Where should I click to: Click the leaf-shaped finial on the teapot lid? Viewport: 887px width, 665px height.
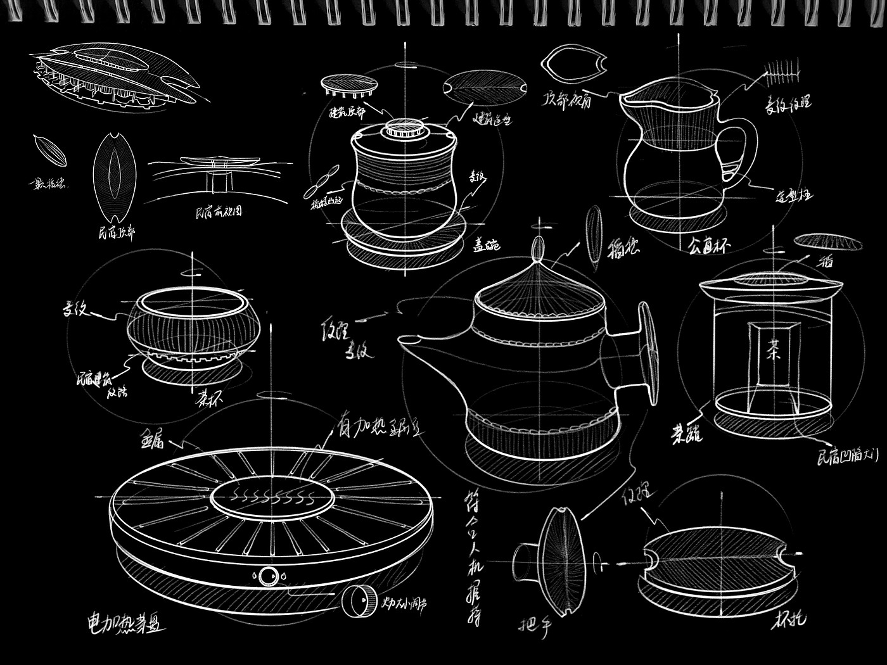[x=538, y=248]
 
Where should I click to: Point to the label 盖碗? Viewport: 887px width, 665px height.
[x=487, y=244]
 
